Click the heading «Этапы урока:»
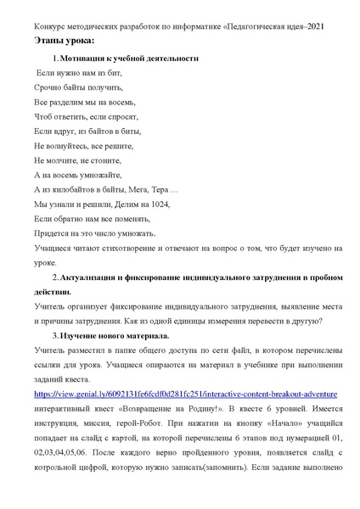click(65, 41)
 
